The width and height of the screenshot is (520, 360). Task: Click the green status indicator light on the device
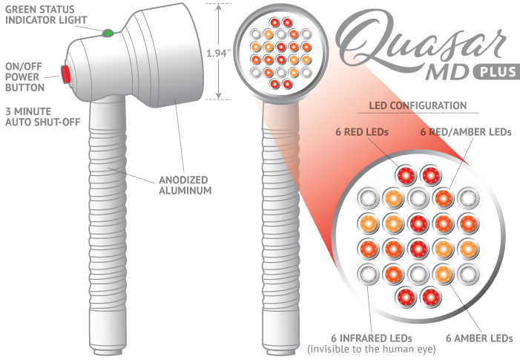[108, 33]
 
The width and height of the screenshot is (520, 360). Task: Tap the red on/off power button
[65, 73]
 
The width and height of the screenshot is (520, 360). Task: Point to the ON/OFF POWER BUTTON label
[24, 75]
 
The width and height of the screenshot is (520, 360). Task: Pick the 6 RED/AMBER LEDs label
[465, 132]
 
